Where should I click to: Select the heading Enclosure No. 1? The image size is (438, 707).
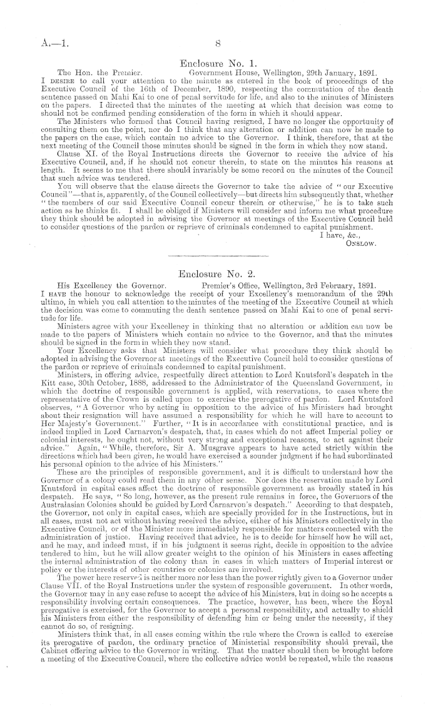(x=217, y=63)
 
